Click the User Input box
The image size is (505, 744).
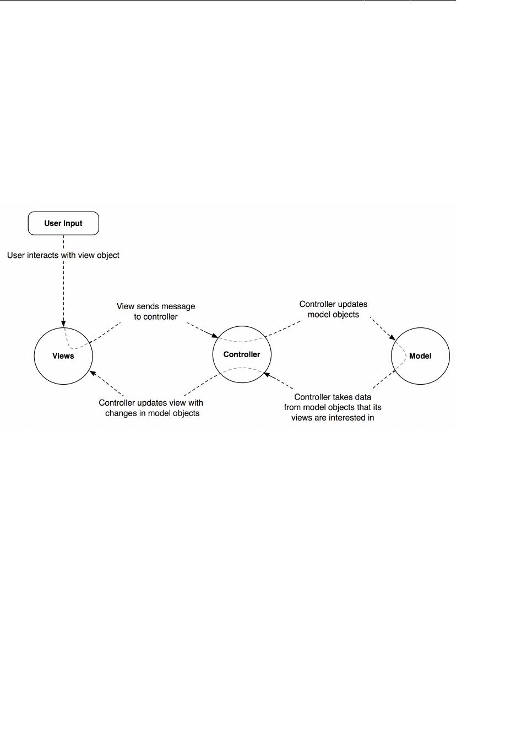tap(63, 223)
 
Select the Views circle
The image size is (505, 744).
tap(63, 356)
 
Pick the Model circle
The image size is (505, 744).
tap(420, 356)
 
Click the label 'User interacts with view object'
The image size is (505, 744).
tap(63, 255)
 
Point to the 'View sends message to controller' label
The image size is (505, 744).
tap(156, 311)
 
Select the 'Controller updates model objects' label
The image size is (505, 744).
tap(333, 309)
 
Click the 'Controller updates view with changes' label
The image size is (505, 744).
tap(151, 408)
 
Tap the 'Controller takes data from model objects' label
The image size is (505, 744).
tap(333, 407)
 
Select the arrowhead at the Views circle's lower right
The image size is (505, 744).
tap(92, 373)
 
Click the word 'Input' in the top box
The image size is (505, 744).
tap(73, 223)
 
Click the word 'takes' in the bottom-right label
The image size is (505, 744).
tap(341, 397)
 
